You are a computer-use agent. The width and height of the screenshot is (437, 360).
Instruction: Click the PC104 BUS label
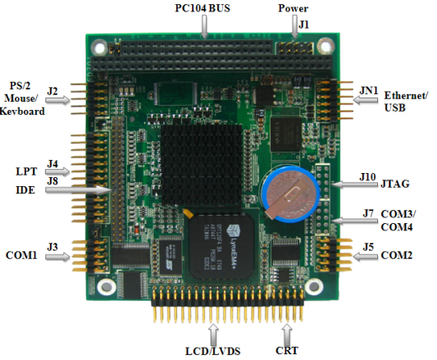coord(203,8)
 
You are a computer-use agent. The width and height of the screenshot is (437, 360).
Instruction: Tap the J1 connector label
coord(304,25)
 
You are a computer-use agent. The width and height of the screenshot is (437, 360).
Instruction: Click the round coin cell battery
coord(291,194)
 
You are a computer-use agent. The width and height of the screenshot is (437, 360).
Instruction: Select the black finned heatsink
coord(201,165)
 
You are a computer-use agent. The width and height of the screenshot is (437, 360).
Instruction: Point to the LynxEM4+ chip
coord(222,247)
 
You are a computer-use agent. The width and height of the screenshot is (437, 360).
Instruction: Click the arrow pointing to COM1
coord(58,257)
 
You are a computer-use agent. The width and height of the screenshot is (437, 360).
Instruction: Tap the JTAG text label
coord(395,184)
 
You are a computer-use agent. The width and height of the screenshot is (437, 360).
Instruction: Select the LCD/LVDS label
coord(213,351)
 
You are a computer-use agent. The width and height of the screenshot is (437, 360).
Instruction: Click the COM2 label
coord(396,255)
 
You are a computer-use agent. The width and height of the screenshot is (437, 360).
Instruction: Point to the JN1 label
coord(368,90)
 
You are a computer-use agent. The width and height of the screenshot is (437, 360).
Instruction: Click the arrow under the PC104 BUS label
coord(205,26)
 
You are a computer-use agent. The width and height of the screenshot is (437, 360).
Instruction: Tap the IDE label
coord(25,190)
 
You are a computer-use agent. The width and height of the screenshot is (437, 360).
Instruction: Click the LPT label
coord(26,171)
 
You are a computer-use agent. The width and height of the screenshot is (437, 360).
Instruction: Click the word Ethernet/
coord(406,96)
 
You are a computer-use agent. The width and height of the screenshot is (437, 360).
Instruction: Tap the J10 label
coord(367,177)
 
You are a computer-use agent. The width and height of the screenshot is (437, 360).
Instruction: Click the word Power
coord(294,8)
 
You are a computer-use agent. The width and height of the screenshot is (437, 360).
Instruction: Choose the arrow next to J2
coord(58,100)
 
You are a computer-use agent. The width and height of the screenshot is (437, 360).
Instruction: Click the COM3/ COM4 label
coord(398,221)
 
